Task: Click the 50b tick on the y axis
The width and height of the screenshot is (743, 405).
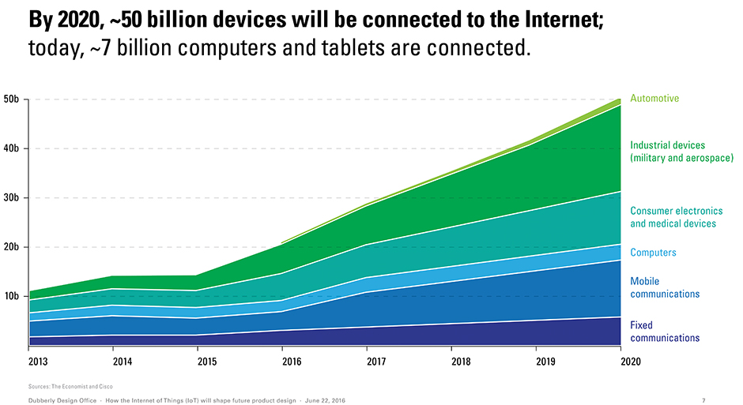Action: pyautogui.click(x=13, y=99)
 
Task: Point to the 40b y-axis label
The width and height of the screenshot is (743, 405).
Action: pyautogui.click(x=13, y=148)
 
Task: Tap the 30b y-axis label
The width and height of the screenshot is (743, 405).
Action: pyautogui.click(x=13, y=198)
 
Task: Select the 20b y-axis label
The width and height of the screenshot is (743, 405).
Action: pyautogui.click(x=13, y=247)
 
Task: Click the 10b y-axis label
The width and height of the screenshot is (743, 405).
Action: pyautogui.click(x=13, y=296)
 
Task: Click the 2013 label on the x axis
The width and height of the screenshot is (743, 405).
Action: pyautogui.click(x=38, y=362)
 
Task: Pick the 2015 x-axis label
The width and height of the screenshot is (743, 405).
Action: pyautogui.click(x=206, y=362)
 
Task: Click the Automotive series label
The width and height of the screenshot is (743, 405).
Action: pyautogui.click(x=654, y=99)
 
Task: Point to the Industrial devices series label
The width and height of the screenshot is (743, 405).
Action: pyautogui.click(x=681, y=152)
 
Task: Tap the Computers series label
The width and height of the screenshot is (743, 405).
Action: pyautogui.click(x=653, y=253)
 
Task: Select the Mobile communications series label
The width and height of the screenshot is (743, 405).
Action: pyautogui.click(x=665, y=287)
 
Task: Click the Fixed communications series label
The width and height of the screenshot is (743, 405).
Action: pyautogui.click(x=665, y=332)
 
